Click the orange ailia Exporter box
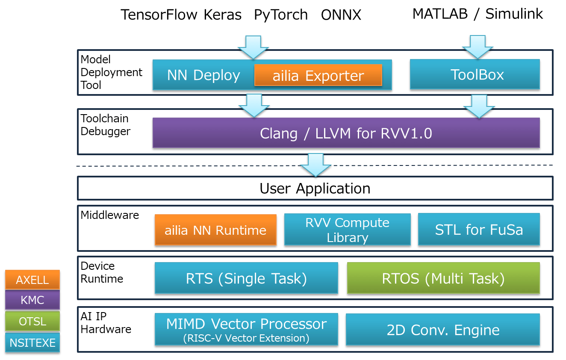(x=318, y=75)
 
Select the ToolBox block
(x=475, y=75)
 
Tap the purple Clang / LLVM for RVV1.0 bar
(x=346, y=133)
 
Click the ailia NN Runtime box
(x=215, y=230)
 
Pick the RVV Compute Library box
(x=347, y=230)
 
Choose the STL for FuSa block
(x=479, y=230)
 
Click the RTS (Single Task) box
(x=246, y=279)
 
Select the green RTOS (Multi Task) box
(x=443, y=279)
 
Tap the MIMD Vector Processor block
(x=246, y=329)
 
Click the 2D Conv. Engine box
(x=442, y=330)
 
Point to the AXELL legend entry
(x=32, y=280)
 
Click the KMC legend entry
(x=32, y=300)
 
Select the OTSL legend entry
(x=32, y=321)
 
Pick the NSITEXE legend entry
(x=32, y=342)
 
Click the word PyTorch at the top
(x=281, y=15)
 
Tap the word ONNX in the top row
(x=341, y=15)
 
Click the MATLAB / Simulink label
(x=478, y=14)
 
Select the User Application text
(x=315, y=189)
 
